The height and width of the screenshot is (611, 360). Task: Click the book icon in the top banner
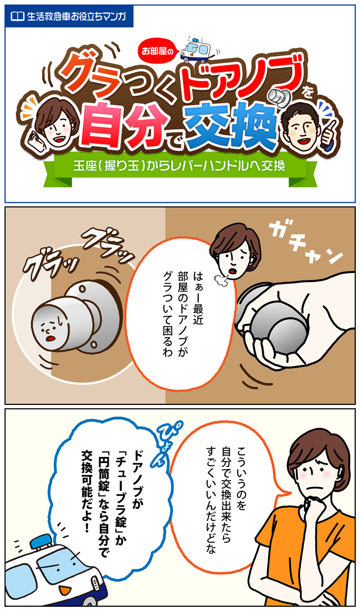click(17, 16)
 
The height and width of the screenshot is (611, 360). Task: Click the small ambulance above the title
click(196, 51)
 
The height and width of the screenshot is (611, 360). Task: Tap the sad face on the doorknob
click(50, 328)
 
